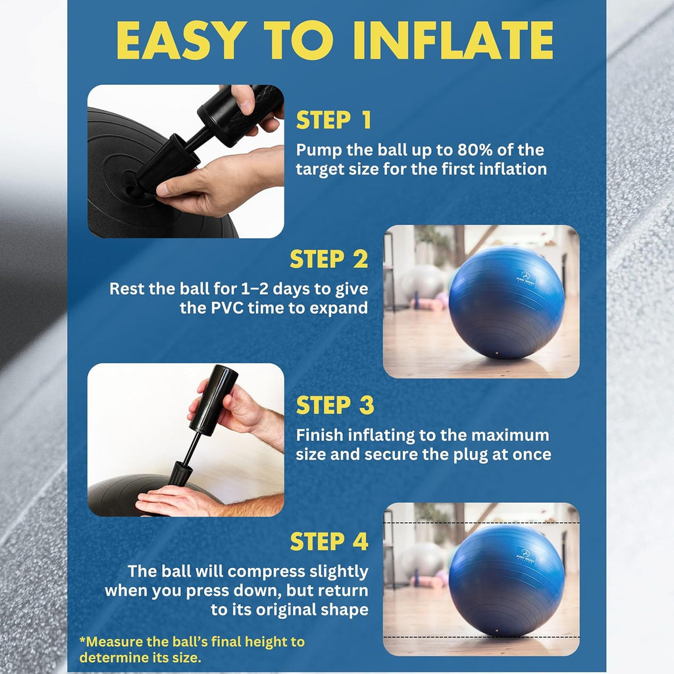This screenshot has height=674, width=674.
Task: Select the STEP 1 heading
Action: tap(334, 120)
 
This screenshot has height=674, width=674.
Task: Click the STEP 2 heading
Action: tap(328, 260)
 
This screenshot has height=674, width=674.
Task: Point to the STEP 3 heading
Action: tap(335, 405)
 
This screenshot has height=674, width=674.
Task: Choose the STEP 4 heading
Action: tap(328, 542)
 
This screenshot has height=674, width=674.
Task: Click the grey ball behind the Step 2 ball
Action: tap(421, 281)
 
